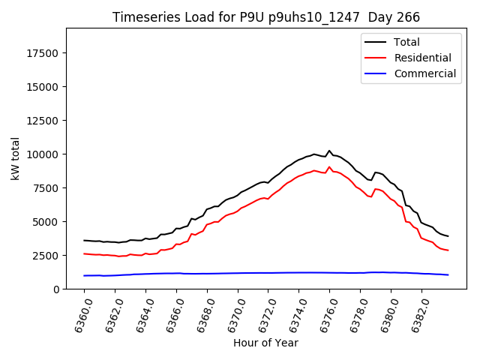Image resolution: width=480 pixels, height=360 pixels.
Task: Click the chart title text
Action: (x=266, y=17)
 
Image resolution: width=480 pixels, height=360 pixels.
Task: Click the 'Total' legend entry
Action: (x=407, y=42)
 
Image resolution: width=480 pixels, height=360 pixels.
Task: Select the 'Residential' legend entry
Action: (x=422, y=58)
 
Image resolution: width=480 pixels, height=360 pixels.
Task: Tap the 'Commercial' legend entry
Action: (x=424, y=73)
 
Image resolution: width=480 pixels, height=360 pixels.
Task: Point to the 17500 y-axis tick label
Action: (x=43, y=53)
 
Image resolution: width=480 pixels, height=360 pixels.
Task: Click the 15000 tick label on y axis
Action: (x=43, y=87)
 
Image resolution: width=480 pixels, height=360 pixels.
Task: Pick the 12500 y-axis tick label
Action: (x=43, y=121)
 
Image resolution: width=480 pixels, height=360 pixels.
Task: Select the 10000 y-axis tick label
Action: (x=43, y=154)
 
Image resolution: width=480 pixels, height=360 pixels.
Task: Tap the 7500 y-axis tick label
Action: (x=46, y=188)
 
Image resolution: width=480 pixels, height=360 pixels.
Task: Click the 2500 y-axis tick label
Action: (x=46, y=256)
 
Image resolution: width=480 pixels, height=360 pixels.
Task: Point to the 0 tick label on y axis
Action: (x=57, y=289)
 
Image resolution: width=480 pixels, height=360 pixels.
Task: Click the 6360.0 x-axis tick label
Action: (x=79, y=315)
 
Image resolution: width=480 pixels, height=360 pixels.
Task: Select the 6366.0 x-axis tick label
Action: (x=171, y=315)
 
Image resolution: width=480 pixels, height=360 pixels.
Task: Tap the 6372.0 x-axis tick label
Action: (x=262, y=315)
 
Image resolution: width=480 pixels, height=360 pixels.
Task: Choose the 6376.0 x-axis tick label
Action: (x=324, y=315)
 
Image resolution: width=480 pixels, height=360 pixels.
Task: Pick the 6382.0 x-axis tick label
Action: (x=416, y=315)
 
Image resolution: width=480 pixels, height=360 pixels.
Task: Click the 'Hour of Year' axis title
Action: (x=265, y=343)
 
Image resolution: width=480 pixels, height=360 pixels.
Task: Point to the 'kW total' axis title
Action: (x=15, y=159)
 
